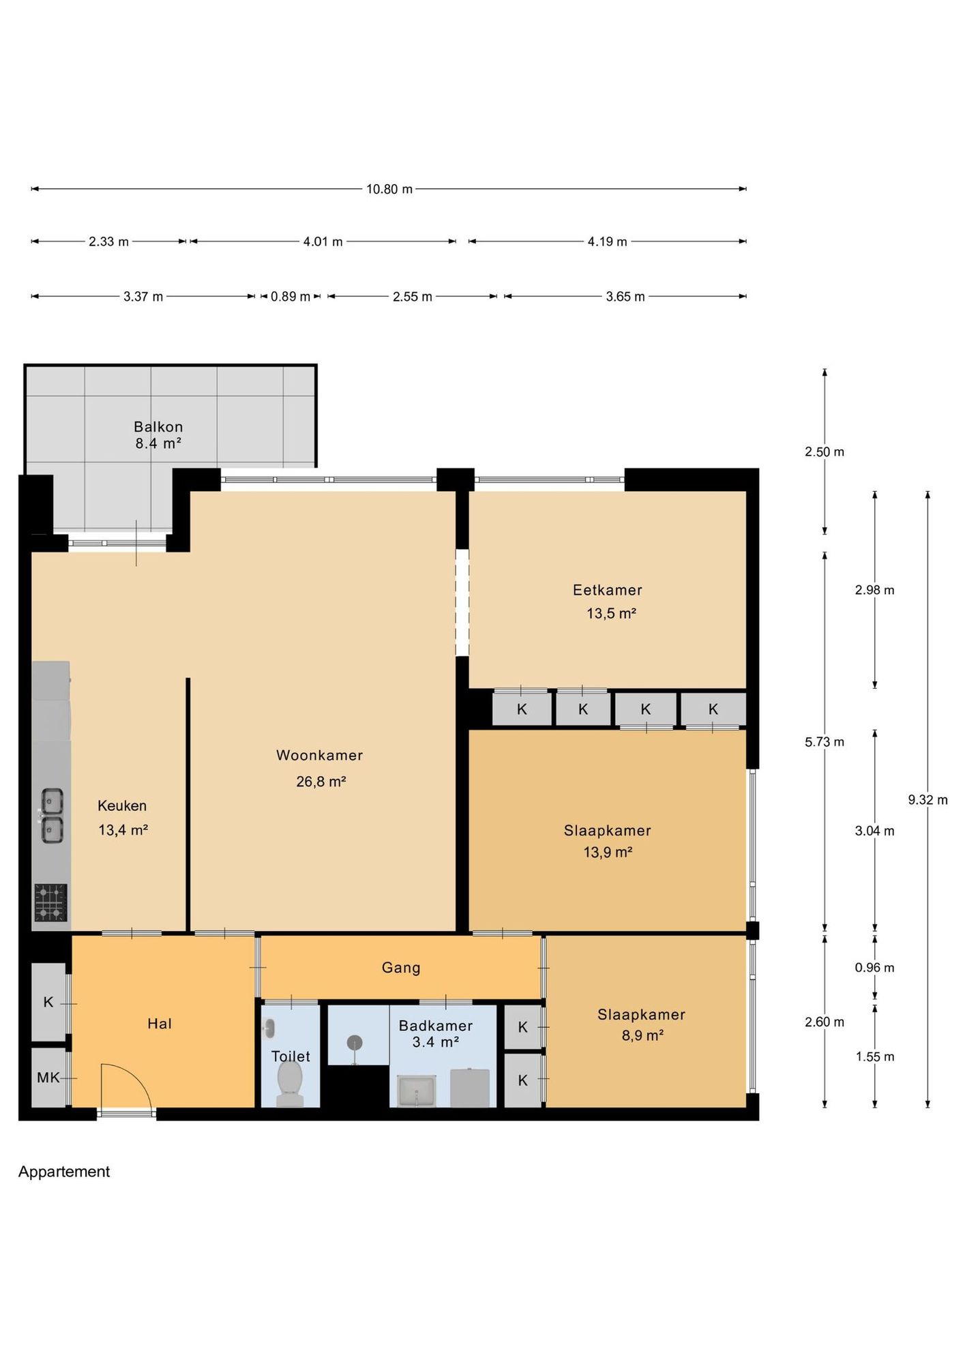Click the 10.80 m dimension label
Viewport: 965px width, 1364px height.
click(389, 189)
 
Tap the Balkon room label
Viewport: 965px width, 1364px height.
click(158, 427)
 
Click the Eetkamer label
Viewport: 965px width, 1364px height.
click(608, 590)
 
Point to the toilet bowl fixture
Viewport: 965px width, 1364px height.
click(290, 1084)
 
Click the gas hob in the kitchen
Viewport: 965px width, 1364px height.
click(51, 902)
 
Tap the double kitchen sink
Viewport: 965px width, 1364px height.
click(52, 816)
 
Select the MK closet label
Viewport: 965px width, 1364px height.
click(48, 1078)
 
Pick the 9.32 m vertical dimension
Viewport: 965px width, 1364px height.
click(927, 799)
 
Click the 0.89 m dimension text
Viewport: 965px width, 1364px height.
click(291, 297)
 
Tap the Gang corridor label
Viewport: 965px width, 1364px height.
click(401, 968)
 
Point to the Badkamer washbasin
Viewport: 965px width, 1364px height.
click(417, 1091)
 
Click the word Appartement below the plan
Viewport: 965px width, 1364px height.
click(64, 1172)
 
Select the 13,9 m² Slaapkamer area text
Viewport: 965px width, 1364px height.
click(608, 852)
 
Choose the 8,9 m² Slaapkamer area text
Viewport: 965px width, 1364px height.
click(642, 1035)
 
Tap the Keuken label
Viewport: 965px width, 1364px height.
click(122, 805)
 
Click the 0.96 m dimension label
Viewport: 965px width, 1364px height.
click(874, 968)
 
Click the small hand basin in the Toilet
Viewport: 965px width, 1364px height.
click(269, 1028)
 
